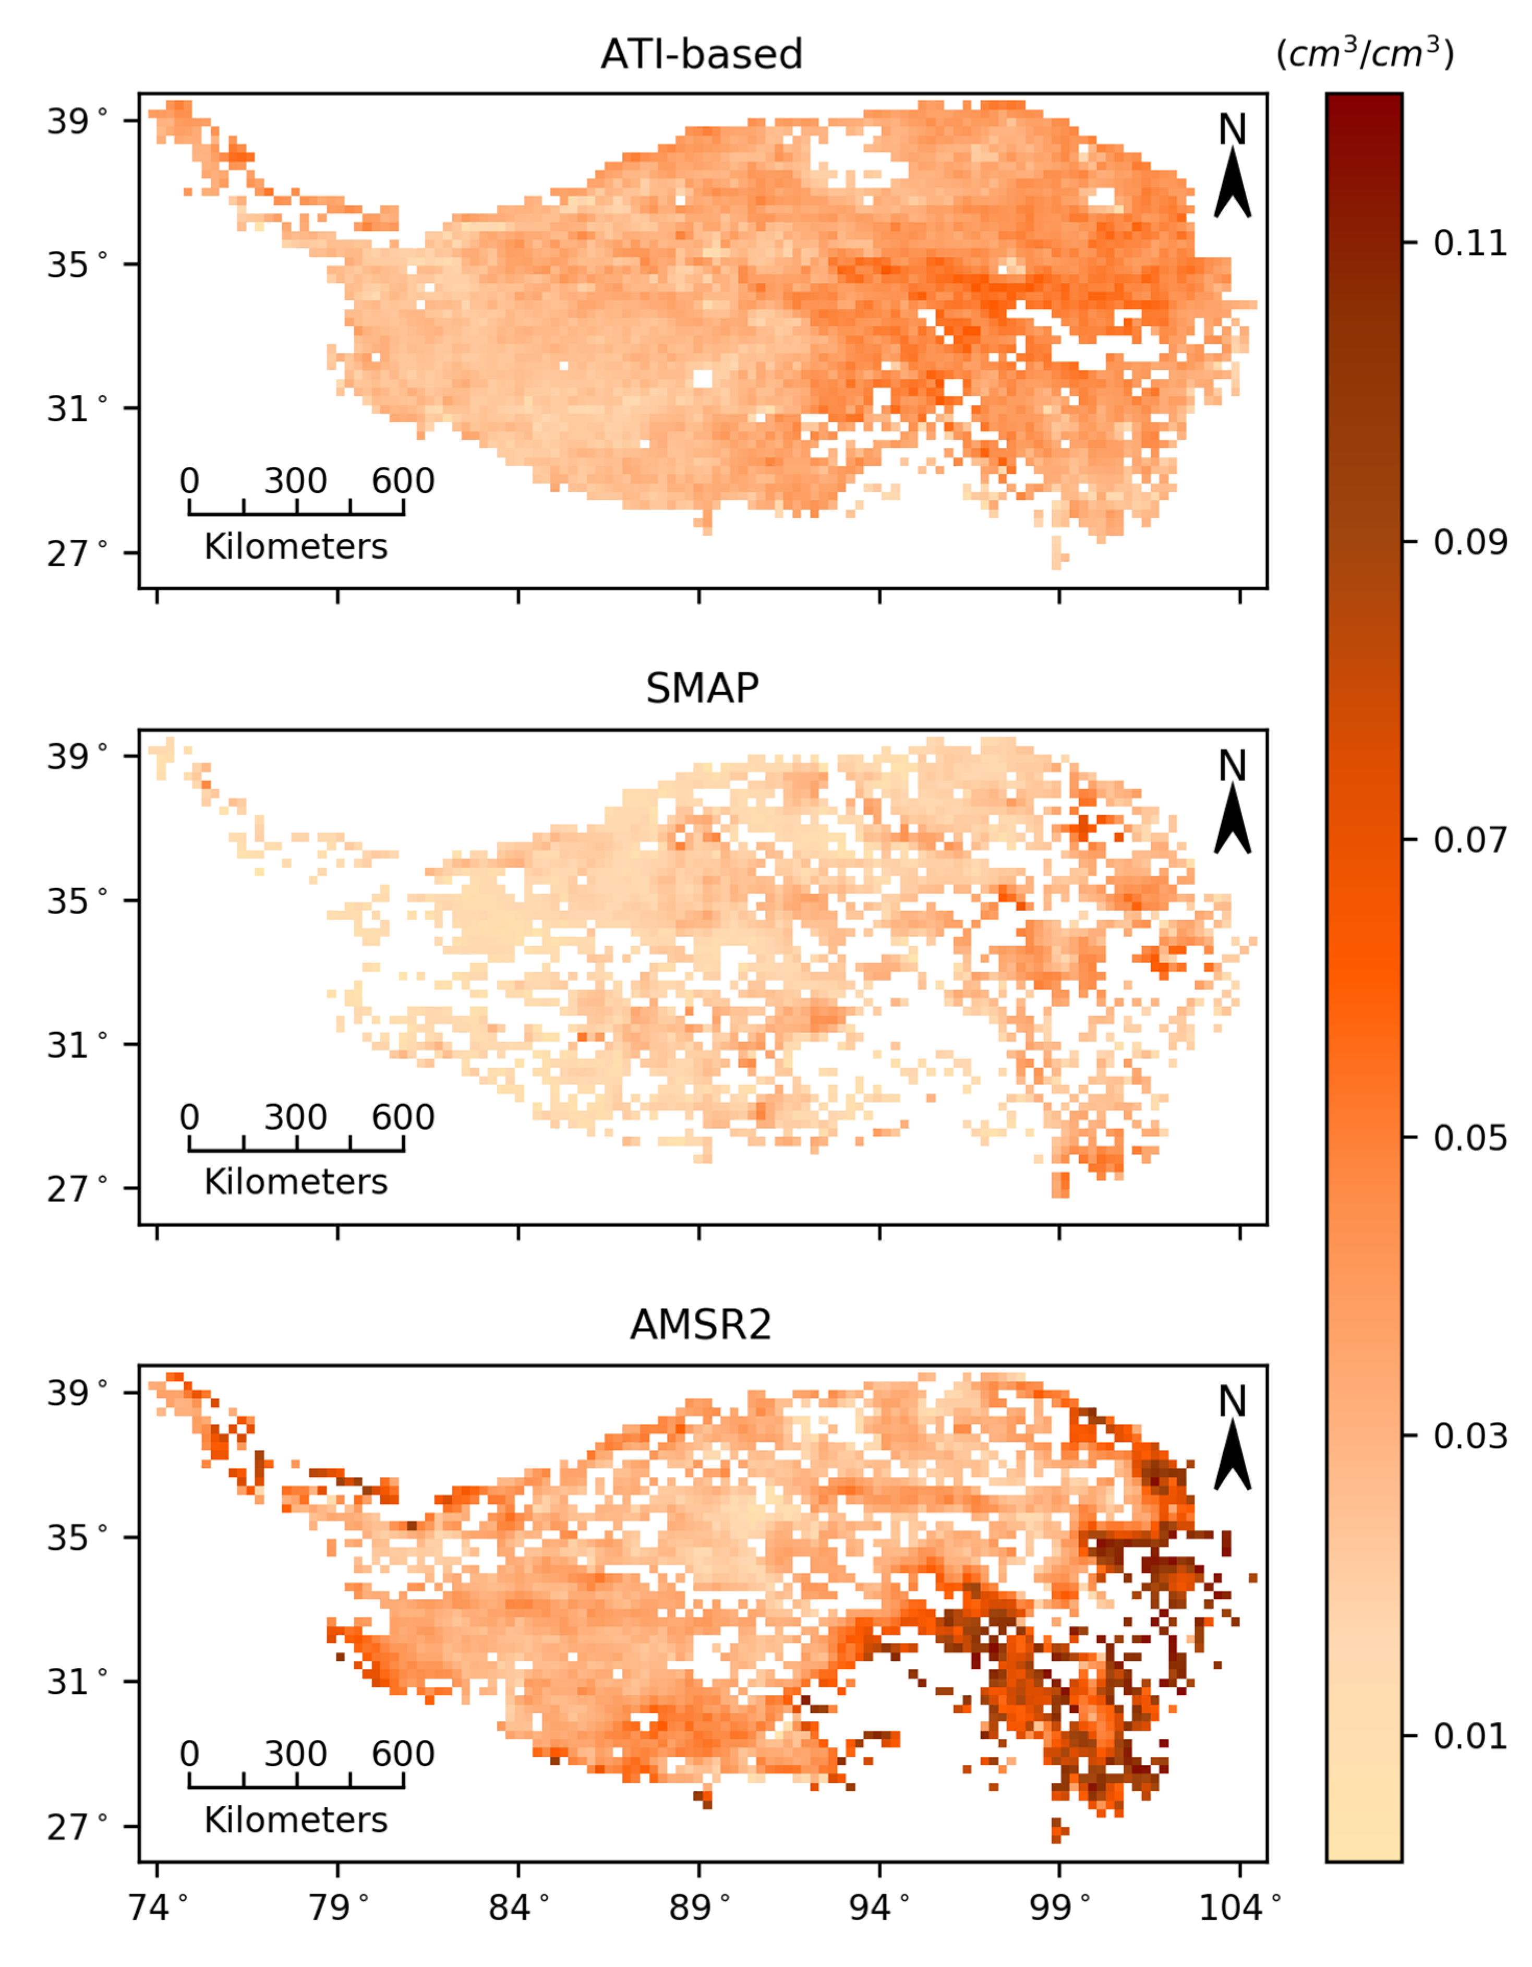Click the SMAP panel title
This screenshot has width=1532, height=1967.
click(x=702, y=689)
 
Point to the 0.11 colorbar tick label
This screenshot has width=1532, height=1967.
click(x=1469, y=243)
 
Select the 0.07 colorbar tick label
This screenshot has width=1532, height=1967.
click(x=1469, y=840)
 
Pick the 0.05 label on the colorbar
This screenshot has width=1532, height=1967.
click(x=1469, y=1138)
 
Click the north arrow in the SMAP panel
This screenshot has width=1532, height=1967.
click(x=1232, y=819)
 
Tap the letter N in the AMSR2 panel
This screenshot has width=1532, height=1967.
click(x=1232, y=1402)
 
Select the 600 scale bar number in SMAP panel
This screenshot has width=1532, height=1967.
click(x=403, y=1117)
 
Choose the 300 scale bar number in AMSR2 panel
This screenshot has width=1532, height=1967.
click(x=295, y=1754)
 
